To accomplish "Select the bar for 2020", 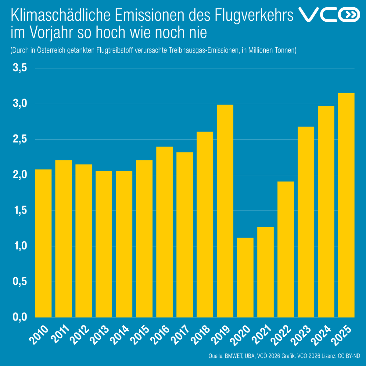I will tap(245, 278).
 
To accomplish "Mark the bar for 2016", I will tap(164, 232).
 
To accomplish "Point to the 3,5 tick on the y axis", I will tap(20, 68).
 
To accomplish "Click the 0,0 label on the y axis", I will tap(20, 317).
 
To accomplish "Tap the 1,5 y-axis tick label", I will tap(20, 211).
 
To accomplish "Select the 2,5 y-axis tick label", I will tap(20, 140).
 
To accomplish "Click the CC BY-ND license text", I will tap(349, 356).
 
